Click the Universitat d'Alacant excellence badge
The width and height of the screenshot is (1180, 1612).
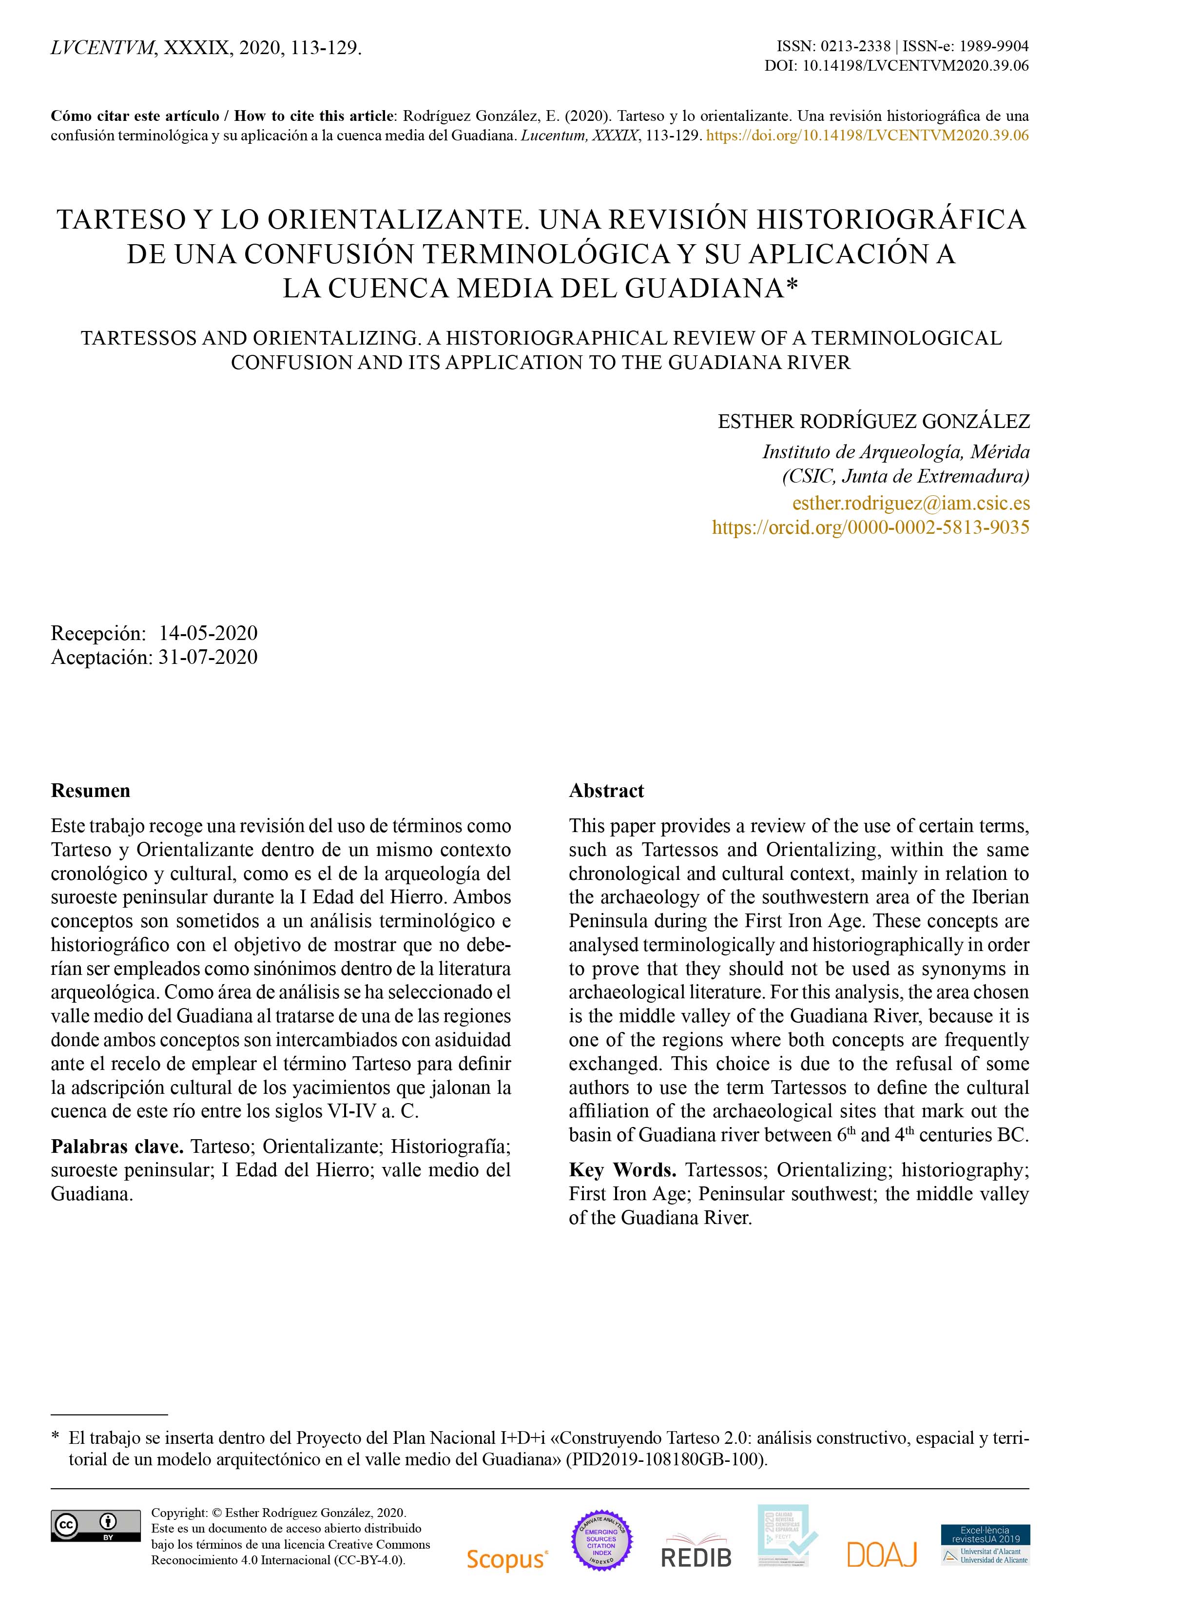tap(986, 1544)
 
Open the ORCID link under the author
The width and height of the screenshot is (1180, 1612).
tap(870, 528)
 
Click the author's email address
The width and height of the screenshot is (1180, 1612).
tap(911, 503)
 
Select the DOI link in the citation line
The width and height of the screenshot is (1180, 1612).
tap(867, 136)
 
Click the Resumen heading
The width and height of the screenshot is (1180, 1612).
tap(91, 791)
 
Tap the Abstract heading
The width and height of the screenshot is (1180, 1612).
tap(606, 791)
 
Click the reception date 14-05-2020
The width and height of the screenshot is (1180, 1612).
tap(208, 633)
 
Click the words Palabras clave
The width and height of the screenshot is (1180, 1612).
tap(117, 1146)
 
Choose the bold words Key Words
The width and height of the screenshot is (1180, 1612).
tap(622, 1170)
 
